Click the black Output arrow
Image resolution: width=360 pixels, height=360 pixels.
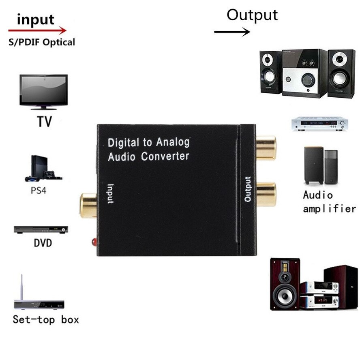click(232, 32)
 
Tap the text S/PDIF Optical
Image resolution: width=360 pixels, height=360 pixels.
click(42, 42)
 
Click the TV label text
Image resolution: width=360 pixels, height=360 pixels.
click(45, 121)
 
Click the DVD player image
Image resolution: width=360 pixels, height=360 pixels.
click(41, 229)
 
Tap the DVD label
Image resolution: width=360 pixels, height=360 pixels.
click(43, 244)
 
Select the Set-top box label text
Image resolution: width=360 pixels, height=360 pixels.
click(46, 319)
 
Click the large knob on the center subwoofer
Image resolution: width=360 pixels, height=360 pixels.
click(306, 78)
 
